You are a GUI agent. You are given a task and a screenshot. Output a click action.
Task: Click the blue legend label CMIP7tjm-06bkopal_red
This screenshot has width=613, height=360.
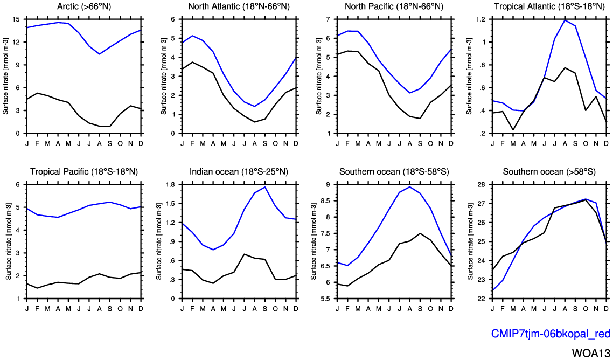click(x=550, y=334)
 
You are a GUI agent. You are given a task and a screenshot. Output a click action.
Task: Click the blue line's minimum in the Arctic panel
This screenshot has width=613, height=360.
click(x=99, y=54)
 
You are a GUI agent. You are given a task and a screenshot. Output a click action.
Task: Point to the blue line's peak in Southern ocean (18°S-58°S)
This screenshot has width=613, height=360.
click(x=410, y=187)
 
